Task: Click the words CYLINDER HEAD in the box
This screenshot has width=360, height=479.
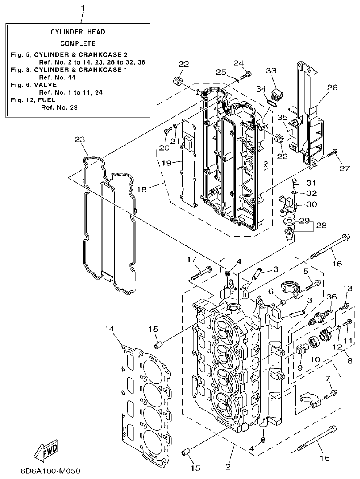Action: click(77, 32)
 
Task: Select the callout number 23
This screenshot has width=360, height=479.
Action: click(80, 139)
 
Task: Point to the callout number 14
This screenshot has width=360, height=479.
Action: click(110, 328)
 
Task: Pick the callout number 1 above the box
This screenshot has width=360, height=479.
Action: click(82, 8)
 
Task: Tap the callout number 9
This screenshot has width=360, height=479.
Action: click(299, 367)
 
